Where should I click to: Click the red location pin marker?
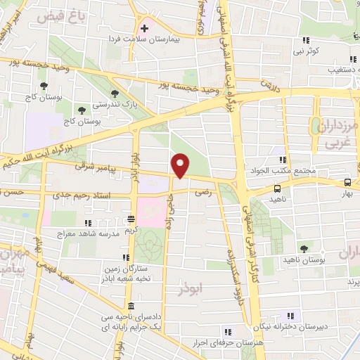pos(181,165)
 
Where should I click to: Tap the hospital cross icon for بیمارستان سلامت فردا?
pos(145,29)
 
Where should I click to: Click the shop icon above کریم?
pos(131,219)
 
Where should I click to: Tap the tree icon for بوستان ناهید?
pos(304,248)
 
